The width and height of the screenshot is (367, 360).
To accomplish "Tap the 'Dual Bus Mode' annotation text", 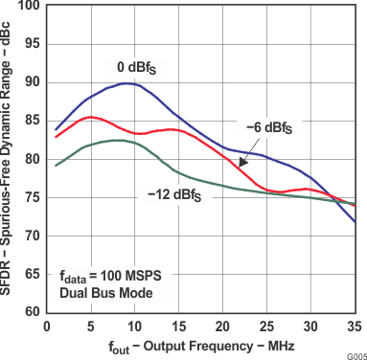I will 103,290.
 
